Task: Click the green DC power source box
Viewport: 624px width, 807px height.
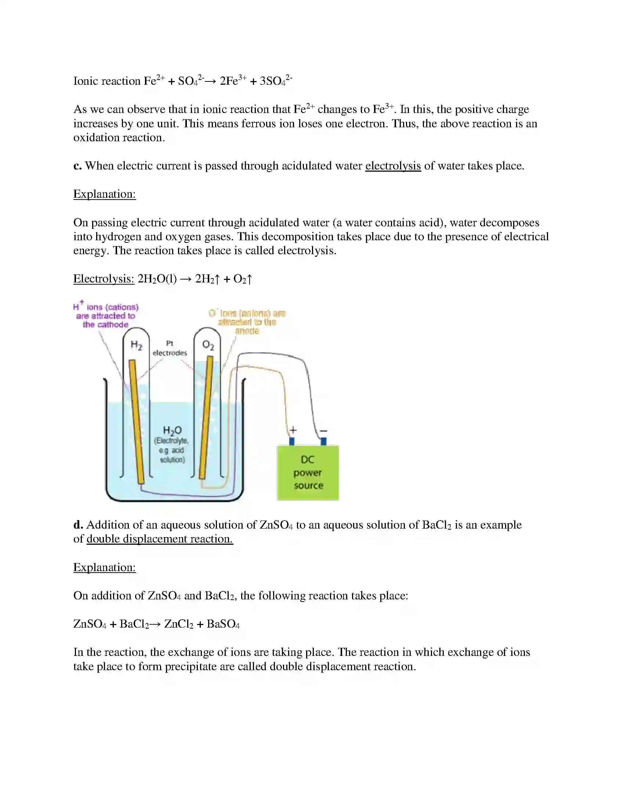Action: (308, 472)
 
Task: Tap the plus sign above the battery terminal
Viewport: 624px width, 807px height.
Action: (293, 430)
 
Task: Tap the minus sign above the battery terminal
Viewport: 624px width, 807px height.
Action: (323, 431)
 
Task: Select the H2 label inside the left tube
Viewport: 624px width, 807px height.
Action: (137, 346)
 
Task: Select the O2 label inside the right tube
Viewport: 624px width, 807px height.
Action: (208, 346)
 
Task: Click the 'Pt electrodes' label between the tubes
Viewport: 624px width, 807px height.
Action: (170, 348)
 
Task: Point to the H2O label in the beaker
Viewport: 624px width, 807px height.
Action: (172, 430)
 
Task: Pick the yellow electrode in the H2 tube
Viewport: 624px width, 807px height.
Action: (137, 421)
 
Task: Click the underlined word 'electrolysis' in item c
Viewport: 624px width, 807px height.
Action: (393, 165)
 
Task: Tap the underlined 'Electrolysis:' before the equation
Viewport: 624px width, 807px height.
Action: (104, 279)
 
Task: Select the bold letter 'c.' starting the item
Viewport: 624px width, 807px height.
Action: (77, 165)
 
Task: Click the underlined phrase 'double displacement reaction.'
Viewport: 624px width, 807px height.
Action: (160, 539)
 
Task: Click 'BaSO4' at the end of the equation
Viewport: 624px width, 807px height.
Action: (223, 624)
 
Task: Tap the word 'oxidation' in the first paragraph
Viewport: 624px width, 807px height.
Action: (96, 138)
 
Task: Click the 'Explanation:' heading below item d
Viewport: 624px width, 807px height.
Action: (105, 567)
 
